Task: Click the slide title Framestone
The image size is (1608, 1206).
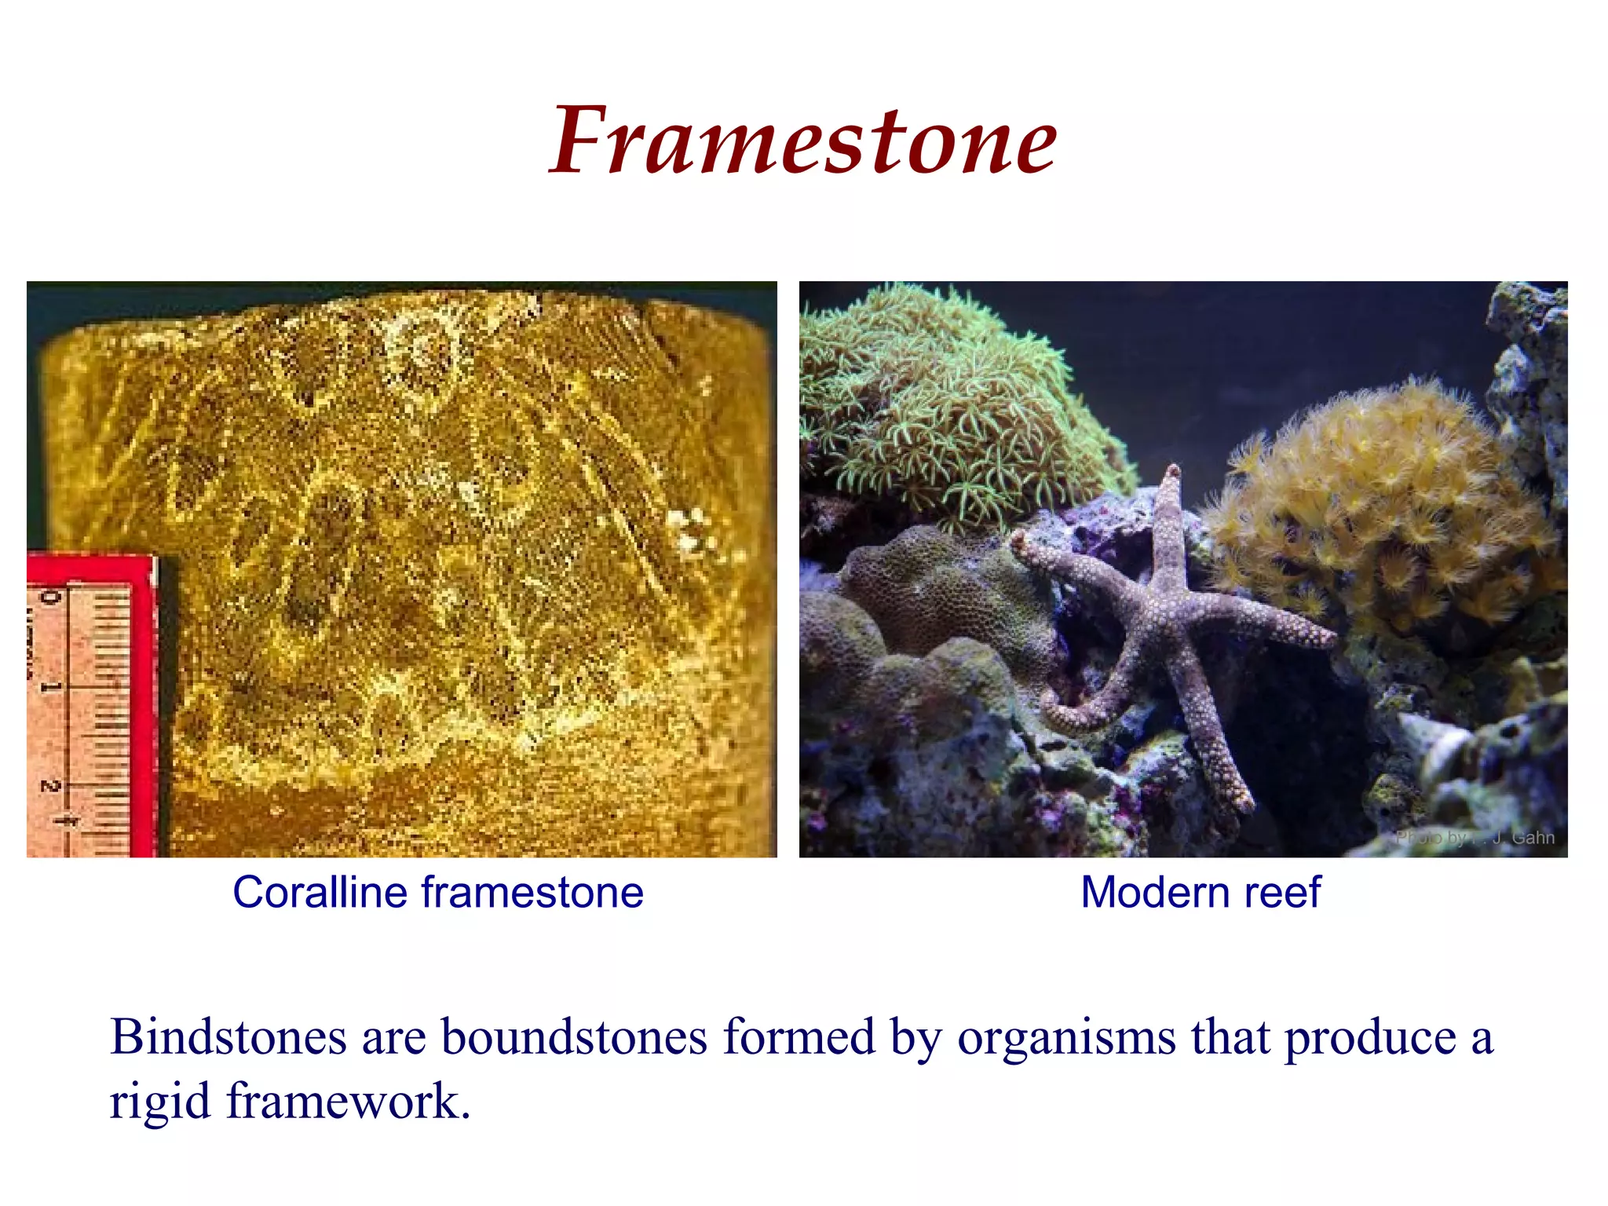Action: pyautogui.click(x=803, y=141)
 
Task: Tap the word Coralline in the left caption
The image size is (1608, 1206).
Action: pyautogui.click(x=320, y=893)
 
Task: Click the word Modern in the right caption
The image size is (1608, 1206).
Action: pyautogui.click(x=1146, y=893)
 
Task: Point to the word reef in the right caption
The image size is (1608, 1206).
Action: pyautogui.click(x=1284, y=893)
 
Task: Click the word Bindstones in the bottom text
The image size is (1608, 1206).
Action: pyautogui.click(x=228, y=1036)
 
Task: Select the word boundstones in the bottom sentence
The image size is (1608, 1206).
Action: pyautogui.click(x=574, y=1036)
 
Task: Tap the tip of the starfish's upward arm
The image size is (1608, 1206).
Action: pyautogui.click(x=1173, y=472)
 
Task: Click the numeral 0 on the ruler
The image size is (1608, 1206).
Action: pyautogui.click(x=49, y=598)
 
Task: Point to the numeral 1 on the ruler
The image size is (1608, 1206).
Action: pyautogui.click(x=49, y=687)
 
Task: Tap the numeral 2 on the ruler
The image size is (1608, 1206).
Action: pyautogui.click(x=49, y=785)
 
